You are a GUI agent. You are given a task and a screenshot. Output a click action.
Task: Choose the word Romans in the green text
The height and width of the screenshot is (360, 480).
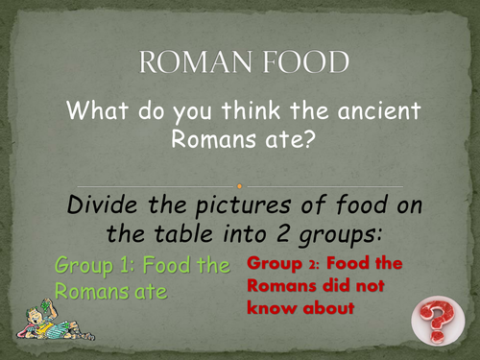coord(91,289)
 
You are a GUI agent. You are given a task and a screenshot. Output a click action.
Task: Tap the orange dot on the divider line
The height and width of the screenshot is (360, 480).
coord(240,185)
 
